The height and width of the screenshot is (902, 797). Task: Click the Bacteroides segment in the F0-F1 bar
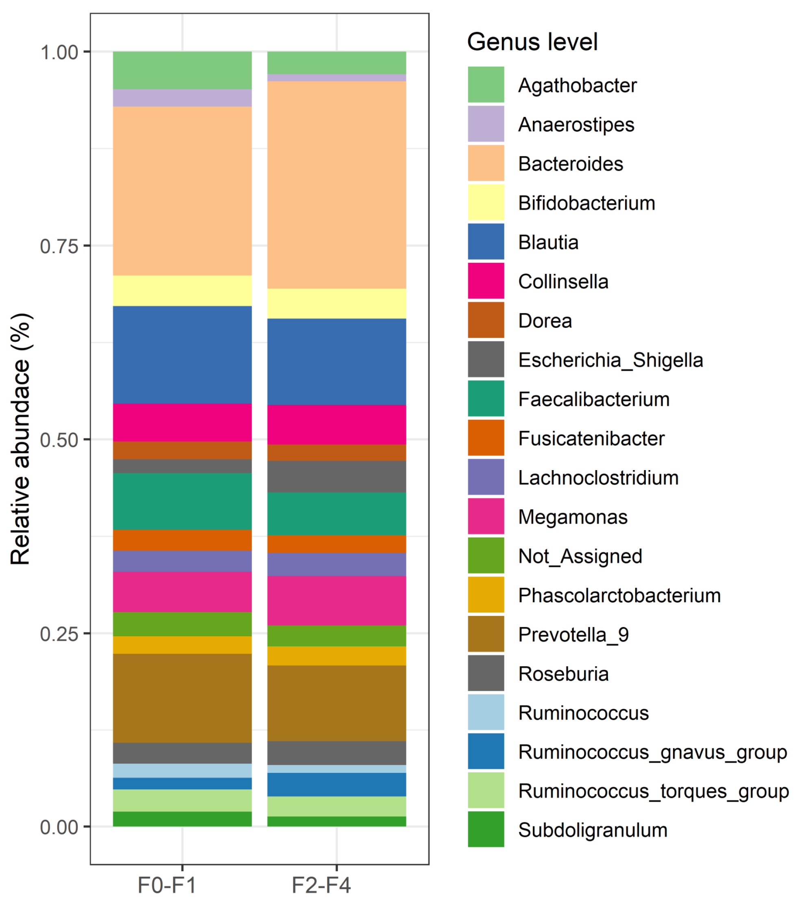point(182,191)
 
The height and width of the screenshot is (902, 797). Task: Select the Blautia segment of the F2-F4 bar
point(337,362)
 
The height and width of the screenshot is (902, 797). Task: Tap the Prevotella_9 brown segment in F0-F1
point(182,698)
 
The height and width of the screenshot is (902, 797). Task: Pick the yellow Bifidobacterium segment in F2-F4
point(337,304)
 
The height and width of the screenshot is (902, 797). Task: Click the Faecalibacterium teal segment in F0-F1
point(182,501)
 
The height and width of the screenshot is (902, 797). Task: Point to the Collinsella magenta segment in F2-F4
point(337,425)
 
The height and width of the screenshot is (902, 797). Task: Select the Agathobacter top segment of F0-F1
point(182,70)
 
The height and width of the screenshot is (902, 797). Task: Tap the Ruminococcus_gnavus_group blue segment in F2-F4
point(337,784)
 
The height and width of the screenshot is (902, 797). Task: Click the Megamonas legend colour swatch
point(486,516)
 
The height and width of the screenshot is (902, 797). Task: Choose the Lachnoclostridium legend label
point(598,478)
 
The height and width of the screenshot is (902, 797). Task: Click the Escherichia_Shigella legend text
point(610,360)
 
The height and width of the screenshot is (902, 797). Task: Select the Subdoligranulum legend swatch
point(486,830)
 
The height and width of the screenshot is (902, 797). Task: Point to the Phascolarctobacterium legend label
point(619,595)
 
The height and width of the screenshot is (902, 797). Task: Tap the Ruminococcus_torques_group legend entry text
point(653,791)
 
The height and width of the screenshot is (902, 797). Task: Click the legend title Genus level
point(532,42)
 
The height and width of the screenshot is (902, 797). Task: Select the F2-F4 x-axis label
point(321,885)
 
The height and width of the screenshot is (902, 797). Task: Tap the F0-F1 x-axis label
point(167,885)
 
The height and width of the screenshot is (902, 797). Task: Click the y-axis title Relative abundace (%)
point(20,440)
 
